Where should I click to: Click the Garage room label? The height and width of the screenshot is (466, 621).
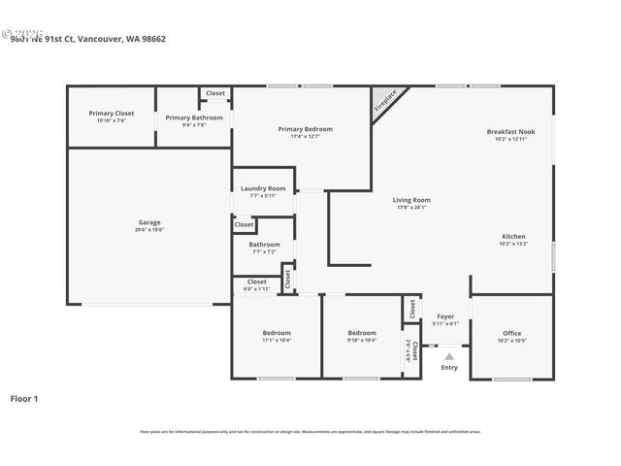(x=148, y=222)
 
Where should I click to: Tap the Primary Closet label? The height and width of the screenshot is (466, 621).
(x=112, y=114)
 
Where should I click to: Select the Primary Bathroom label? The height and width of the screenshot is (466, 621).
(x=194, y=117)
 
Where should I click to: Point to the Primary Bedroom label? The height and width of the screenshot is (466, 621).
(x=305, y=129)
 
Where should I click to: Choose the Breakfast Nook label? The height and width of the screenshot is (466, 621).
(x=510, y=131)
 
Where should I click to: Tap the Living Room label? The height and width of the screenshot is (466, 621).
(x=411, y=200)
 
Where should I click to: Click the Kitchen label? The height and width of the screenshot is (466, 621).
(x=512, y=237)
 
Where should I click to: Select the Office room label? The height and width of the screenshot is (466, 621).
(x=511, y=333)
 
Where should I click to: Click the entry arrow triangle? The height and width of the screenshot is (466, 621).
(x=449, y=356)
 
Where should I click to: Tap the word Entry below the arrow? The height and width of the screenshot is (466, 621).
(x=449, y=368)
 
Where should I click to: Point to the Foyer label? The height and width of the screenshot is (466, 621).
(x=445, y=316)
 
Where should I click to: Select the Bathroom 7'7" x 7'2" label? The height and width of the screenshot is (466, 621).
(x=264, y=245)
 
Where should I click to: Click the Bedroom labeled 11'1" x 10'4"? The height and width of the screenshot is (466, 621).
(x=277, y=333)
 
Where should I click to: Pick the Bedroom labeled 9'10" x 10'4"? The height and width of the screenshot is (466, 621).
(x=362, y=333)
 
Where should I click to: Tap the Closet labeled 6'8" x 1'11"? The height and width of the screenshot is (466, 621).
(x=256, y=283)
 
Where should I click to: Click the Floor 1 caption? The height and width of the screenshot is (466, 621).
(x=25, y=398)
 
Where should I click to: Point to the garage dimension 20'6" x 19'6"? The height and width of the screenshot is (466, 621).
(x=148, y=230)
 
